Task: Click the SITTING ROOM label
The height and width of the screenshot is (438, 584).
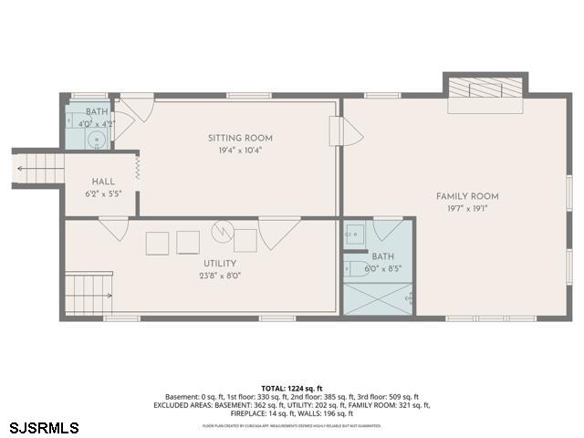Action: tap(240, 139)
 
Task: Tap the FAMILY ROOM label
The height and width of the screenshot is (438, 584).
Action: tap(467, 196)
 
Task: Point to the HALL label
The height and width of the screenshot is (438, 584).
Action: tap(102, 182)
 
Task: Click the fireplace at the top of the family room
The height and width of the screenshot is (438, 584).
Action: tap(485, 89)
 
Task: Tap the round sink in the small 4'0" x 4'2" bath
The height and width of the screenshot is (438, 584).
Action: tap(97, 140)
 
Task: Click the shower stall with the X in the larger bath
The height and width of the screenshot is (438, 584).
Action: tap(377, 298)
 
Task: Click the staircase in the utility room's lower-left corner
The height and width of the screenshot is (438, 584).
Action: tap(89, 292)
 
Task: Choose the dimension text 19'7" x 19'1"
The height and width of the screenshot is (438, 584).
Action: tap(467, 208)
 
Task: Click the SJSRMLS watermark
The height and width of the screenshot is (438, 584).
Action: tap(44, 427)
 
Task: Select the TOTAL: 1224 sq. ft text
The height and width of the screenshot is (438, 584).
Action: tap(291, 388)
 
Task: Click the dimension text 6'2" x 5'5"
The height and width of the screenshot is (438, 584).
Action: tap(102, 193)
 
